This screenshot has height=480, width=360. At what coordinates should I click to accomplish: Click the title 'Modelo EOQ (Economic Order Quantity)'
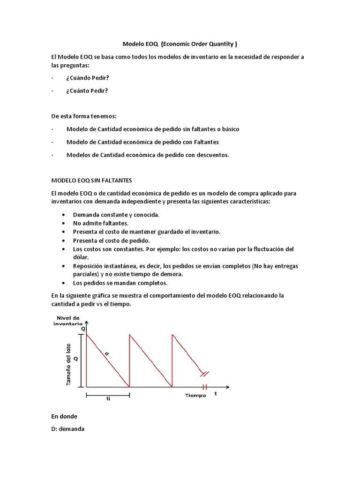point(180,44)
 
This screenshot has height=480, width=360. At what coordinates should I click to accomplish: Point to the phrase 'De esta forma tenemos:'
point(83,116)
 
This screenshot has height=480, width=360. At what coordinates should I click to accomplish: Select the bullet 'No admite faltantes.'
point(101,223)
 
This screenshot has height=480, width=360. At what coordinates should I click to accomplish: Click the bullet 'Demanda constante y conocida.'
point(116,215)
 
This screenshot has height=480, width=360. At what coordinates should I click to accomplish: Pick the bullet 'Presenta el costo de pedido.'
point(111,240)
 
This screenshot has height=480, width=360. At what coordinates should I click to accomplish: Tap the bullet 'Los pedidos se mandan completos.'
point(120,283)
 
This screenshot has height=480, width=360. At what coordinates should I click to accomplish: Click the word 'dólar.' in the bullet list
point(81,257)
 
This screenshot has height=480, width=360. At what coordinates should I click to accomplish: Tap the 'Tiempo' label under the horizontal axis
point(195,396)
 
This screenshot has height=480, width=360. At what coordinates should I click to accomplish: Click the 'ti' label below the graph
point(108,399)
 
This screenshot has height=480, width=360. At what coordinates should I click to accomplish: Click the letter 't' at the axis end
point(216,394)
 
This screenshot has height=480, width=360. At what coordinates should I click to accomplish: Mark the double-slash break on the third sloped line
point(205,374)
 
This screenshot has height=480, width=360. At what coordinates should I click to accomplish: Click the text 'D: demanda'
point(67,429)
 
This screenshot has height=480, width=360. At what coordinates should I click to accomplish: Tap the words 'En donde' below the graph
point(64,416)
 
